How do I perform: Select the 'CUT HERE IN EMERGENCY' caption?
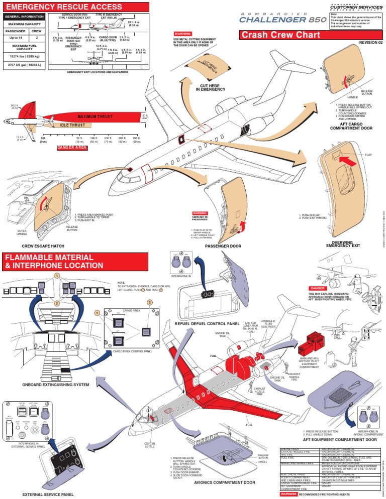(211, 87)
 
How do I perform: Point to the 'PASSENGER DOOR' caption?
(224, 246)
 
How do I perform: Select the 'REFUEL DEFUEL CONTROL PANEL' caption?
(214, 323)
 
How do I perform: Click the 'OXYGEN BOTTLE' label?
(149, 445)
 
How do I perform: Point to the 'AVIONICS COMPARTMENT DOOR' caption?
(222, 482)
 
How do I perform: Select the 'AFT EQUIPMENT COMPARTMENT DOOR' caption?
(339, 440)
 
